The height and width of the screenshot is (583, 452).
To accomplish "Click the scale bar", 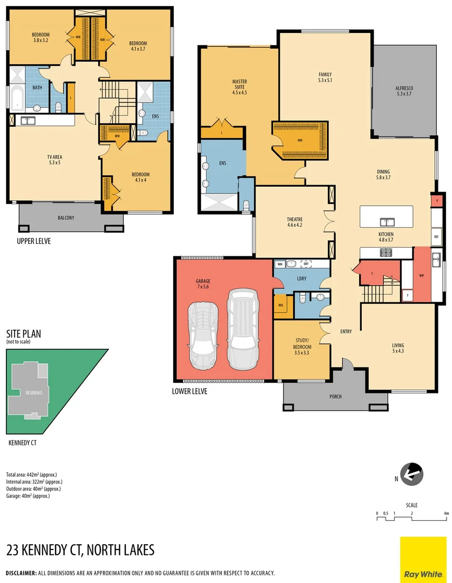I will point(412,518).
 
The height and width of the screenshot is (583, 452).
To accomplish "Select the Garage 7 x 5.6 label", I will point(203,284).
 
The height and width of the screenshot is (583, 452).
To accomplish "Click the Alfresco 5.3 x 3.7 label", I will point(404,90).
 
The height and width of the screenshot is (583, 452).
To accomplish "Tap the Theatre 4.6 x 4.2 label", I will point(294,222).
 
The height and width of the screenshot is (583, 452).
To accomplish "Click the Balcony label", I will point(66,218).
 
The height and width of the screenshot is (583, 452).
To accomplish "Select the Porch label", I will point(335,397).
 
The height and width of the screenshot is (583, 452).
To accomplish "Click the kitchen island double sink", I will point(387,221).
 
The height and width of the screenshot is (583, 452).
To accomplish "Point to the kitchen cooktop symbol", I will point(387,252).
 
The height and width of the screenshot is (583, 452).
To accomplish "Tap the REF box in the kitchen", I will point(436,236).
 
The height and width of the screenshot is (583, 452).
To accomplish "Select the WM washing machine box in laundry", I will point(279,264).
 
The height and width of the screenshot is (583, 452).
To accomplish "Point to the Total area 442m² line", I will point(31,474).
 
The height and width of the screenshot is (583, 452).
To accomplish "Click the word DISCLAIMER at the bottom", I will point(21,573).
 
